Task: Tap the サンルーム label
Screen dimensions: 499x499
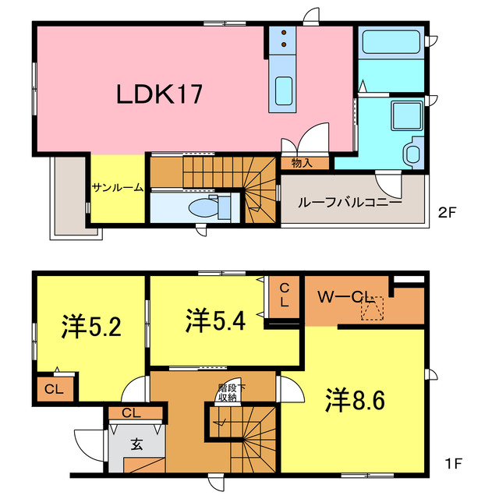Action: (118, 187)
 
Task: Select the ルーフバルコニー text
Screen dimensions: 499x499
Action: (350, 201)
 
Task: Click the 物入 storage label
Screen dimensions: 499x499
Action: (302, 163)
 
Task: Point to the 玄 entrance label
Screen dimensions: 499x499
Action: (136, 445)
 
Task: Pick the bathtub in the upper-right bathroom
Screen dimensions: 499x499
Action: (390, 41)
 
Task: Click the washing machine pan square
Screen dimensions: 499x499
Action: (405, 116)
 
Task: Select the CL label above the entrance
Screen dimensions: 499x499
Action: (132, 413)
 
